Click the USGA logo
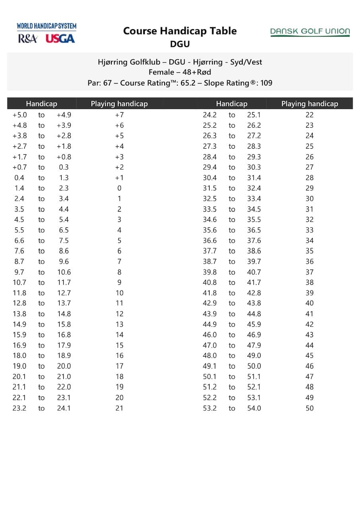point(60,39)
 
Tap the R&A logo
point(28,39)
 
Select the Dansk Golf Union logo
point(310,32)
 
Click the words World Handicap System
point(47,26)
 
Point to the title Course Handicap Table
point(180,31)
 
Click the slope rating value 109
point(266,83)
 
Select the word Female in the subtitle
point(161,72)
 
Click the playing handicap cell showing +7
point(119,115)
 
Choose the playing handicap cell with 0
point(119,188)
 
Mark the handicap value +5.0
point(19,115)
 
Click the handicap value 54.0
point(254,408)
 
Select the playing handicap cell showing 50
point(309,408)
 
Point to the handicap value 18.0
point(19,356)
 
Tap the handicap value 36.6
point(210,241)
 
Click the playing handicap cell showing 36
point(309,261)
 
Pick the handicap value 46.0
point(210,335)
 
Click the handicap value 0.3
point(64,167)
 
